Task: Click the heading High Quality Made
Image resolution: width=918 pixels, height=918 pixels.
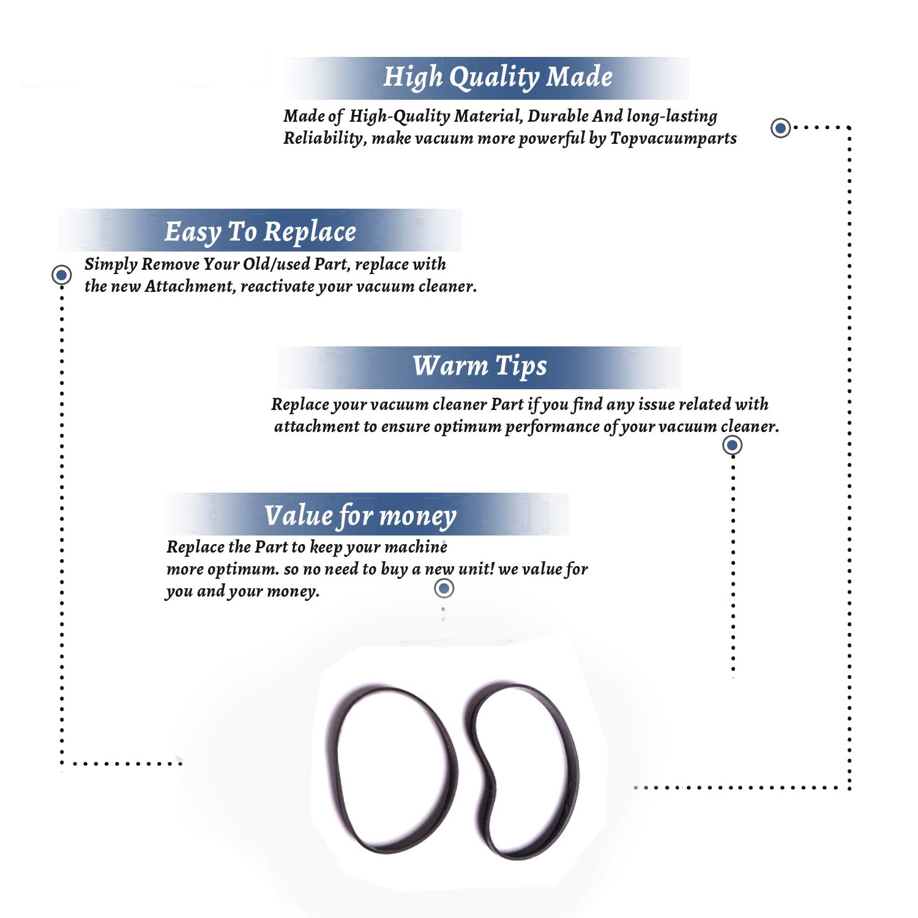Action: (x=498, y=78)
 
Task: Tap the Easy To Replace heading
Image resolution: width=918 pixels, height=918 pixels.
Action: (x=260, y=233)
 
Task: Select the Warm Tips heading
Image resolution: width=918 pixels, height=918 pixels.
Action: (x=480, y=366)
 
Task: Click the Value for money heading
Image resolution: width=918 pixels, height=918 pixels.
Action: (x=360, y=516)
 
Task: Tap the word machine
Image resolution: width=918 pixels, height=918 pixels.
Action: (x=416, y=547)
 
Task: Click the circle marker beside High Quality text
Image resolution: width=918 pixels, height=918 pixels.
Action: (x=780, y=128)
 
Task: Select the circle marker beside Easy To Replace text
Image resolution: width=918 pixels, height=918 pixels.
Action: (x=61, y=275)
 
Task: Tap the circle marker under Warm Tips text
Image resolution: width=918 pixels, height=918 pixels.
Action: (x=733, y=445)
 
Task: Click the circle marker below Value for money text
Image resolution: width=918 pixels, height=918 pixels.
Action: (x=444, y=588)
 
